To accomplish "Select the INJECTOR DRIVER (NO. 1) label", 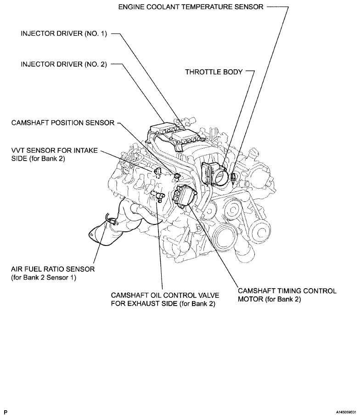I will pyautogui.click(x=64, y=34).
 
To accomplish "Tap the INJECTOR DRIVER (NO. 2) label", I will pyautogui.click(x=64, y=65).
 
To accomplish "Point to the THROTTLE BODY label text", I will pyautogui.click(x=214, y=72).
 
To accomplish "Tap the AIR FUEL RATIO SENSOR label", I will pyautogui.click(x=52, y=269).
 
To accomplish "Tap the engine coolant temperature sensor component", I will pyautogui.click(x=234, y=178).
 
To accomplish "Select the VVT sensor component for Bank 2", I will pyautogui.click(x=157, y=172).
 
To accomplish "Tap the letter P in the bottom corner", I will pyautogui.click(x=6, y=412).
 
